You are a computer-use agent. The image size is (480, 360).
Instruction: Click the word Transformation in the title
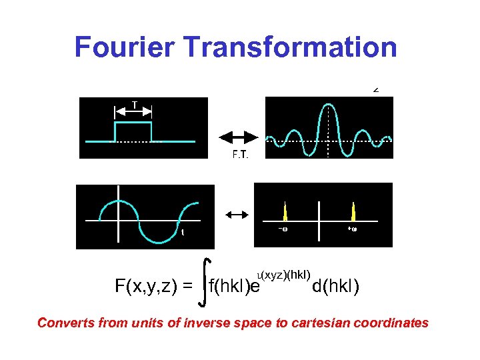click(289, 47)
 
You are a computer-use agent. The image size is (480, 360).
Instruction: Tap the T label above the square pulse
click(135, 105)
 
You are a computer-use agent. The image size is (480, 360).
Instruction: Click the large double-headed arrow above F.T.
click(241, 137)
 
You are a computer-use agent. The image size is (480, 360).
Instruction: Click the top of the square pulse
click(134, 123)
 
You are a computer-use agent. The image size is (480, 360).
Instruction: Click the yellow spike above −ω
click(285, 212)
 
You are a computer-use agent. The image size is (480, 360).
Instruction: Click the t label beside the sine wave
click(182, 233)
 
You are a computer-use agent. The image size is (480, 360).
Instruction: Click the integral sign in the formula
click(205, 283)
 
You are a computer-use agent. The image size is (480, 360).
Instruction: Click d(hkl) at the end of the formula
click(335, 287)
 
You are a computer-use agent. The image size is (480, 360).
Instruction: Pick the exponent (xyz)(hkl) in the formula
click(285, 275)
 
